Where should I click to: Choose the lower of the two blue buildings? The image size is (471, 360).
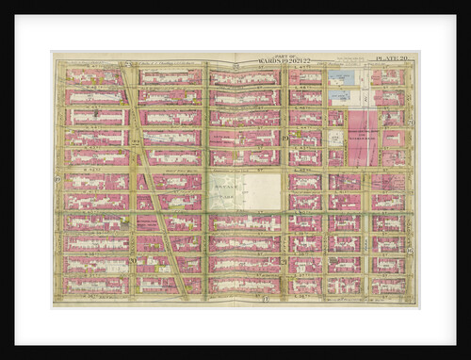341,95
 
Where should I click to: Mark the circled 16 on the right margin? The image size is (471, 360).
412,249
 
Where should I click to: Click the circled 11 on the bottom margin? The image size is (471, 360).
265,299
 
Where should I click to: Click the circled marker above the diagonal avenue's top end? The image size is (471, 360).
125,62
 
